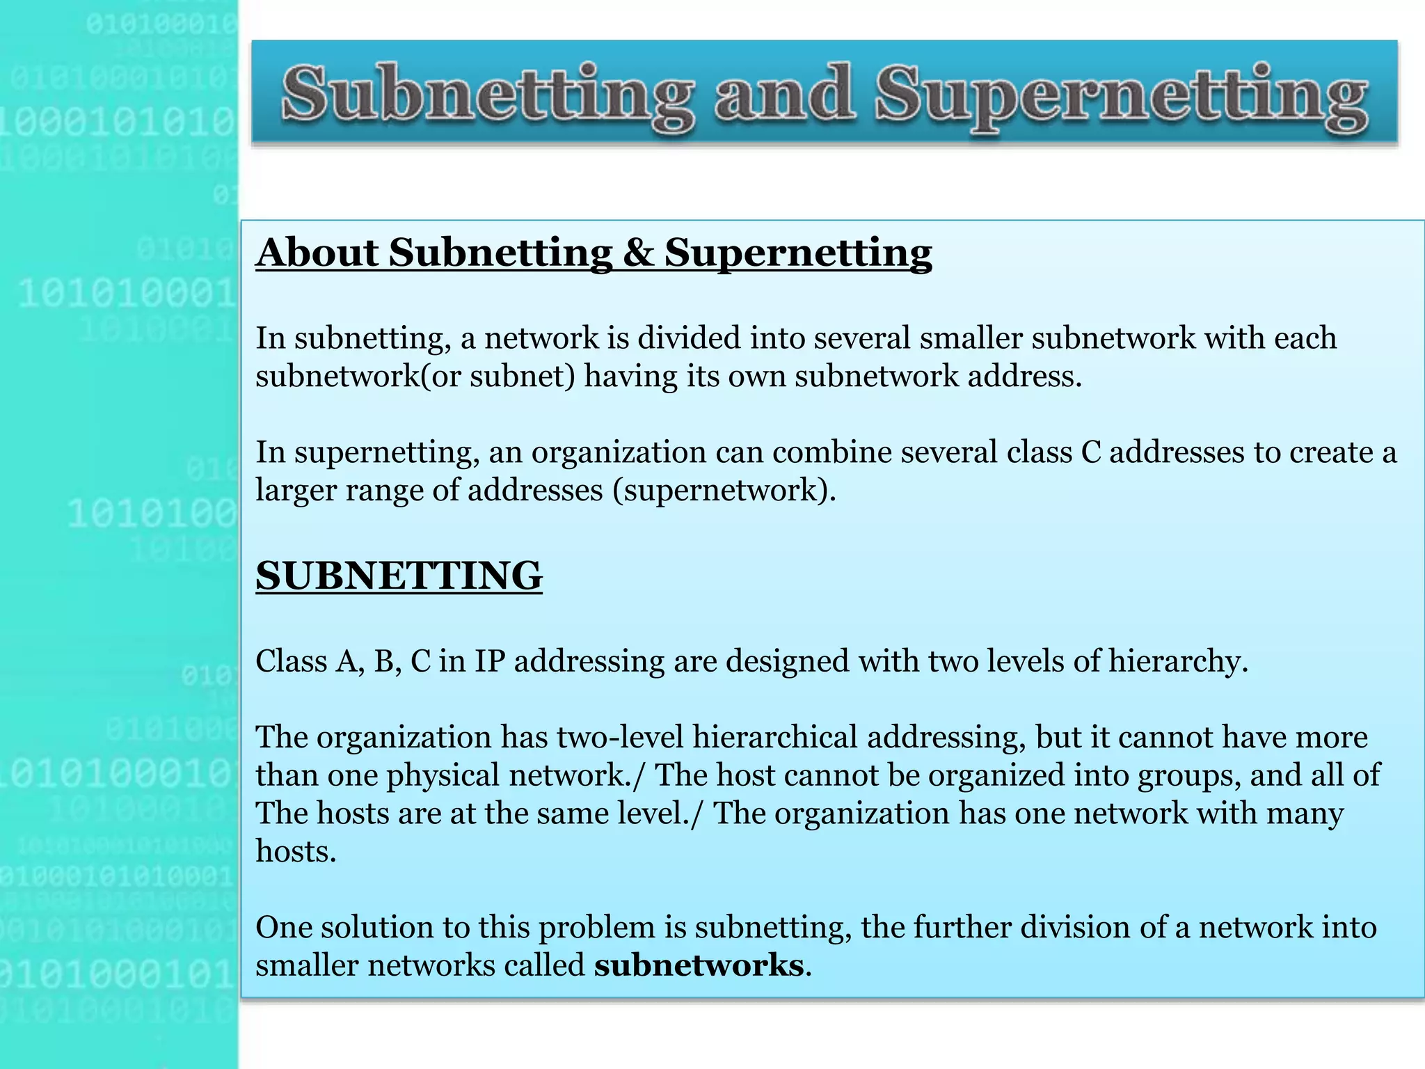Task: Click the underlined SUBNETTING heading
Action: (x=399, y=576)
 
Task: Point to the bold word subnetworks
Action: (x=699, y=966)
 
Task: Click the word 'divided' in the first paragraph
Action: (x=688, y=338)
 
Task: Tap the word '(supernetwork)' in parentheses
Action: (x=724, y=490)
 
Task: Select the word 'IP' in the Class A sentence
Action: (x=489, y=661)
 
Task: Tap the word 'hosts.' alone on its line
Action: (x=296, y=851)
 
